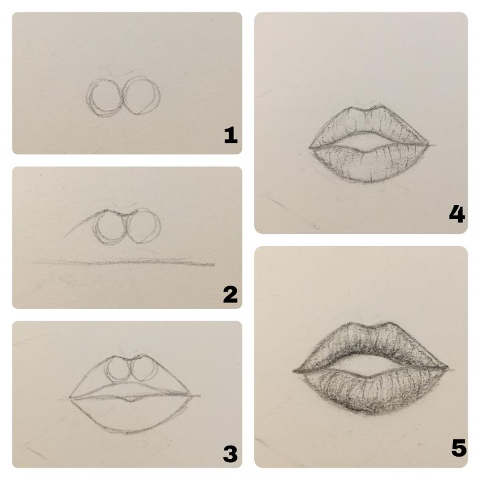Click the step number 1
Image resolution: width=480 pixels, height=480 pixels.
pyautogui.click(x=231, y=135)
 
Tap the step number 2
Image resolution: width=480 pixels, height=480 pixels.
pyautogui.click(x=230, y=294)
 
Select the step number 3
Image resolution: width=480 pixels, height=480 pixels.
pyautogui.click(x=230, y=454)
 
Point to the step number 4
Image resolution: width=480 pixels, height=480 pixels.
pyautogui.click(x=457, y=214)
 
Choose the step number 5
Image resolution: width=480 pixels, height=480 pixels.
pyautogui.click(x=458, y=447)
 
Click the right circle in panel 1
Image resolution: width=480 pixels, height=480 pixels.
pyautogui.click(x=160, y=95)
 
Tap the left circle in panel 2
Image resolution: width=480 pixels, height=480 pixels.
pyautogui.click(x=94, y=228)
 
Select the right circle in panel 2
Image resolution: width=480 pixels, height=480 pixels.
pyautogui.click(x=161, y=226)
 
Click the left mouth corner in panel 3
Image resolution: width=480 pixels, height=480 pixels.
pyautogui.click(x=70, y=398)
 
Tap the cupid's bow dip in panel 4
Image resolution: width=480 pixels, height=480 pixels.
pyautogui.click(x=366, y=110)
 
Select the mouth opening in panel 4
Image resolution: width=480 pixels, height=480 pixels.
pyautogui.click(x=369, y=142)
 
